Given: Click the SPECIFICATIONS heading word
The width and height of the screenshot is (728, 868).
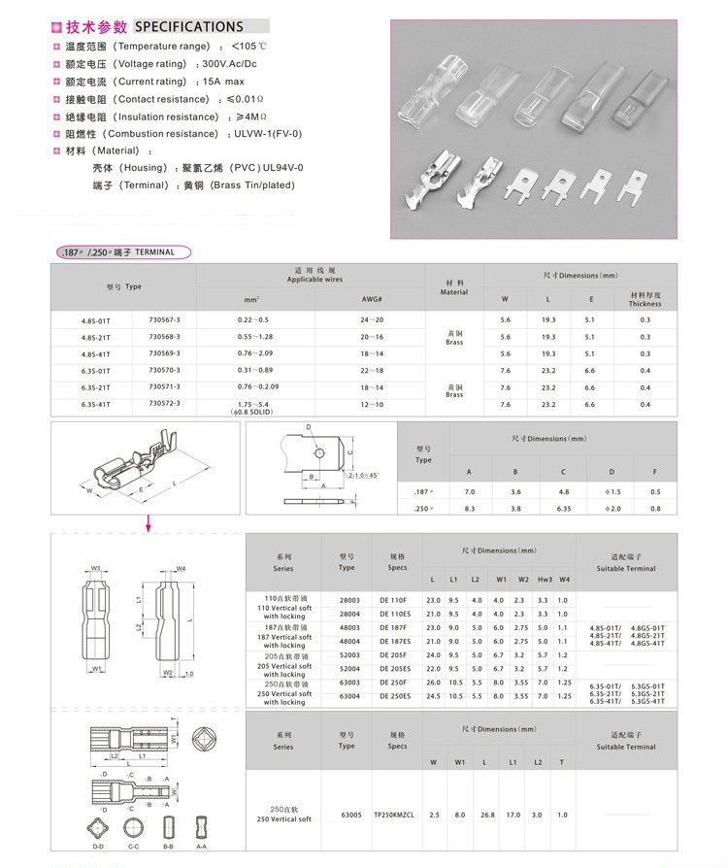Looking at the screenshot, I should pyautogui.click(x=189, y=26).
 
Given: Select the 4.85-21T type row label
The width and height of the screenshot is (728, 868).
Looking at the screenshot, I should pyautogui.click(x=96, y=336).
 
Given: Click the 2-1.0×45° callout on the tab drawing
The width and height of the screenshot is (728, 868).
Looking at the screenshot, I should pyautogui.click(x=360, y=475).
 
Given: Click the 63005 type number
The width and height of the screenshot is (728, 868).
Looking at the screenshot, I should pyautogui.click(x=351, y=815).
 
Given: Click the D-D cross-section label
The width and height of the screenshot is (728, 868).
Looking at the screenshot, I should pyautogui.click(x=98, y=847).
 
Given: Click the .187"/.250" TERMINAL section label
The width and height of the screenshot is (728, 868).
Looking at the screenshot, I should pyautogui.click(x=120, y=252).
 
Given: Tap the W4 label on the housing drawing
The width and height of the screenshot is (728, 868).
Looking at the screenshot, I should pyautogui.click(x=181, y=568).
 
